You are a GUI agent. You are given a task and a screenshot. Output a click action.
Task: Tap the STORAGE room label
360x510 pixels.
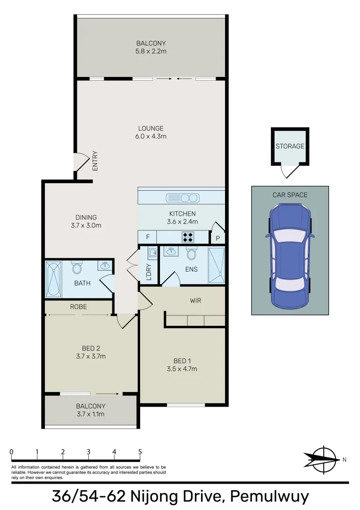click(290, 146)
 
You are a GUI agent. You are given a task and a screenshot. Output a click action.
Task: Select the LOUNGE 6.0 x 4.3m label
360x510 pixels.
click(151, 132)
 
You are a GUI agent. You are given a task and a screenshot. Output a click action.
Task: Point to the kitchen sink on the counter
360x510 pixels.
click(182, 197)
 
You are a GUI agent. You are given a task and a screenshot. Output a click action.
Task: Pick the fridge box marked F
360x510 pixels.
click(147, 237)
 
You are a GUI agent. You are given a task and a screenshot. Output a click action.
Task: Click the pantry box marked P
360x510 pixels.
click(218, 238)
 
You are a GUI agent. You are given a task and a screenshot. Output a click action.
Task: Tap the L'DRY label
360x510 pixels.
click(149, 272)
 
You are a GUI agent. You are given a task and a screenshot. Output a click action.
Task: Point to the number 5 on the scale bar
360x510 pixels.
click(140, 452)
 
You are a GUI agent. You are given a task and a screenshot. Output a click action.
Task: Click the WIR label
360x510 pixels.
click(196, 300)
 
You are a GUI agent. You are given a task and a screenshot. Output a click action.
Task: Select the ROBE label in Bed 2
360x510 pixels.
click(78, 306)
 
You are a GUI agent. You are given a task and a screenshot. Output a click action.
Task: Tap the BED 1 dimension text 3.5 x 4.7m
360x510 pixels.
click(182, 369)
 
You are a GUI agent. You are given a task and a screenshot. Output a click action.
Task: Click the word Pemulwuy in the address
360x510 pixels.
click(269, 496)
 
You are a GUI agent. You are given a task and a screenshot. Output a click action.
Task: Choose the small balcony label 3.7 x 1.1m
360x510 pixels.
click(91, 414)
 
